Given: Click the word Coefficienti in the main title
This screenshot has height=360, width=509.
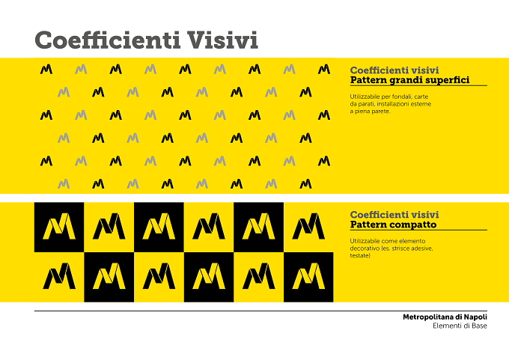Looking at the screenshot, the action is [x=108, y=40].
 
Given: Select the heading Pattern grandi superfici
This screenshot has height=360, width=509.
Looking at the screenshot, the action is [x=409, y=80].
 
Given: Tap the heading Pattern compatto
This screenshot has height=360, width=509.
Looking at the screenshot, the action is [x=393, y=225].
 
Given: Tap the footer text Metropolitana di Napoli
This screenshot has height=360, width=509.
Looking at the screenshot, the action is [x=445, y=317].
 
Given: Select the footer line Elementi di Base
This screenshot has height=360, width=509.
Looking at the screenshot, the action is [x=460, y=326].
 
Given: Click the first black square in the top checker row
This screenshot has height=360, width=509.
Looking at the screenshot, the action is [x=59, y=228].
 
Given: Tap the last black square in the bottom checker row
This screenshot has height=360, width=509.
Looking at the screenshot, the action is [x=308, y=277].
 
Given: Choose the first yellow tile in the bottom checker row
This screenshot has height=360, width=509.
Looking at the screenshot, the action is [x=59, y=277].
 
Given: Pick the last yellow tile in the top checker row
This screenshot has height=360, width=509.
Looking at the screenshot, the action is [x=308, y=228].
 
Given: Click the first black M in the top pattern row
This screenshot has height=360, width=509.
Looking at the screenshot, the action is [x=46, y=69].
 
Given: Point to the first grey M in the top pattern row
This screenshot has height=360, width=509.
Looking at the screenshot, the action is [x=81, y=69].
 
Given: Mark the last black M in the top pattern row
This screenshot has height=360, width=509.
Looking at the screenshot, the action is [x=324, y=69].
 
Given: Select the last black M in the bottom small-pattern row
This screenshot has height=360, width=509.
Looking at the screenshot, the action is [x=305, y=184].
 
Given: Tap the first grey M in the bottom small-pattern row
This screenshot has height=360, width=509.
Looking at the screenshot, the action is [x=64, y=184].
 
